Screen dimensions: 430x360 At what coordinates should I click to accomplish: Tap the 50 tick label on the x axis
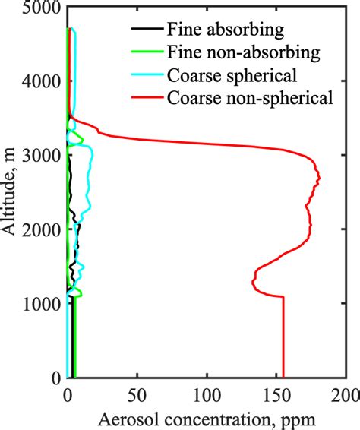(137, 396)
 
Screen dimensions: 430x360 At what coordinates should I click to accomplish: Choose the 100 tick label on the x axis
(207, 396)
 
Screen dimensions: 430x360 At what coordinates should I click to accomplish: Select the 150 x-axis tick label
(276, 396)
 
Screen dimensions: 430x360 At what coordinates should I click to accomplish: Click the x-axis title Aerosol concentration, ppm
(207, 419)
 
